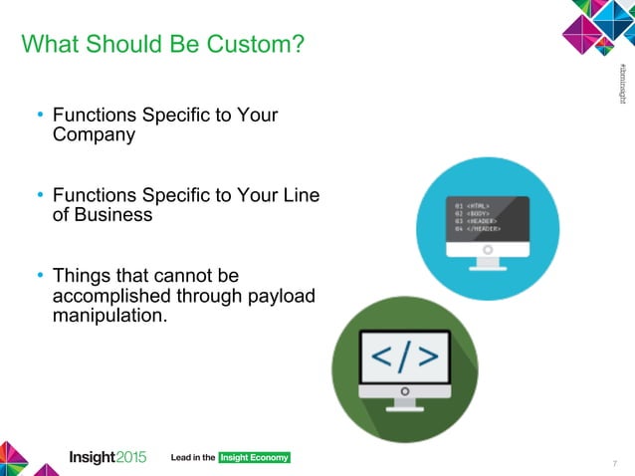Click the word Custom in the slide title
point(256,46)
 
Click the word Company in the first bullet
point(94,135)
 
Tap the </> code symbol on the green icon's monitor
point(404,357)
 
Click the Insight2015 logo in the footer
point(107,457)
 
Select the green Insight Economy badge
point(254,457)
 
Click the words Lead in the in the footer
point(194,457)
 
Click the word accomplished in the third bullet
point(107,296)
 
